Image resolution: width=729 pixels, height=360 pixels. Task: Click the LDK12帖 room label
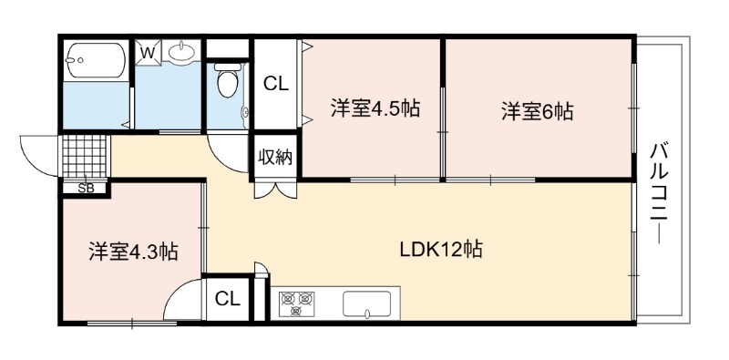tap(441, 250)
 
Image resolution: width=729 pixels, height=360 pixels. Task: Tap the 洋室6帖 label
tap(537, 111)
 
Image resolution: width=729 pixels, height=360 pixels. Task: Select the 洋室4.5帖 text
tap(375, 108)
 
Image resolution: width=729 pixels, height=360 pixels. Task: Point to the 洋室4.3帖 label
tap(133, 252)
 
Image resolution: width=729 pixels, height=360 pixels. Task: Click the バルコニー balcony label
tap(659, 193)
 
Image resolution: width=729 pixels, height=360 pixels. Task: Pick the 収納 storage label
tap(276, 157)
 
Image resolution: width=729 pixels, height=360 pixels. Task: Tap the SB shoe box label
tap(86, 189)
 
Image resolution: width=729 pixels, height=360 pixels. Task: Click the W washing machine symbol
tap(148, 53)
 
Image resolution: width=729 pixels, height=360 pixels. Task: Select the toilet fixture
tap(227, 80)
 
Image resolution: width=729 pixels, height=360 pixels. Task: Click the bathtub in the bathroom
tap(96, 60)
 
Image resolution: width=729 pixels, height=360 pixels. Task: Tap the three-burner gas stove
tap(297, 303)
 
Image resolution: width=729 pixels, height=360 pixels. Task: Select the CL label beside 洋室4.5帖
tap(276, 84)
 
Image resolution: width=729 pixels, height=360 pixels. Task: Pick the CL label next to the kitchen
tap(227, 299)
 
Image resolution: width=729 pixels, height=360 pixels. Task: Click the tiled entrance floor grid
tap(84, 156)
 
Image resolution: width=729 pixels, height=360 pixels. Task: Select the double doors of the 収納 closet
tap(275, 190)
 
